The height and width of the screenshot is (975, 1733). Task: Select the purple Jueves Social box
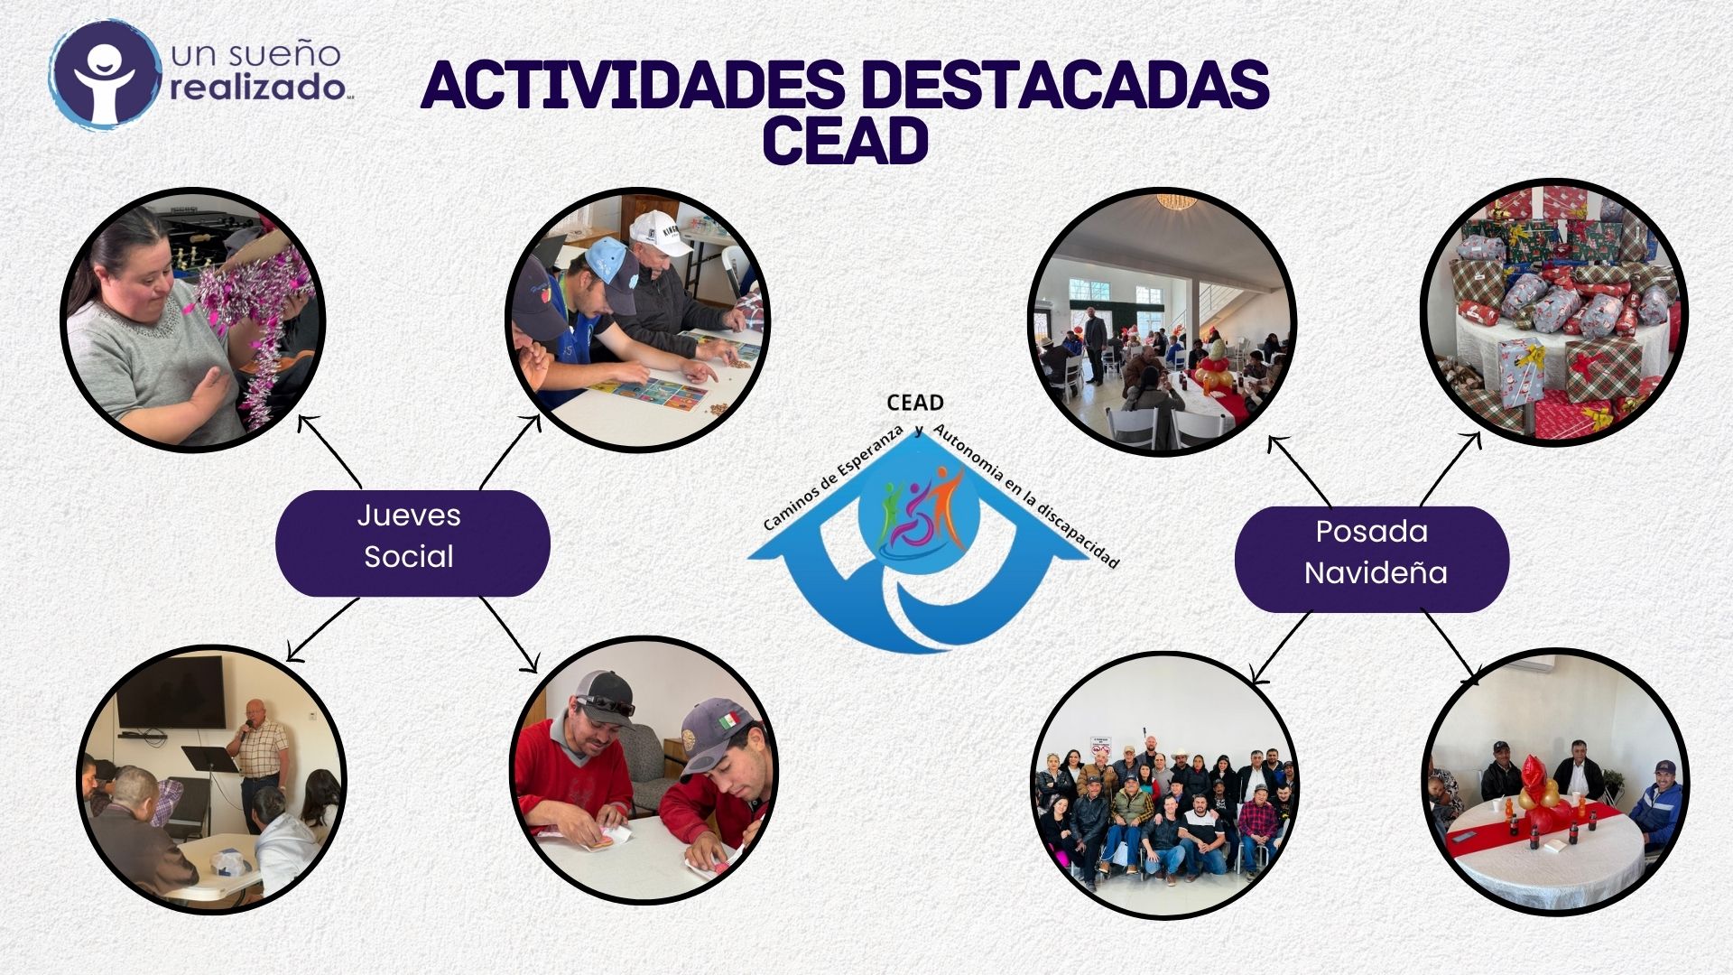click(412, 543)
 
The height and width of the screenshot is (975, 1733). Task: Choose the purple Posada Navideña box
click(1372, 559)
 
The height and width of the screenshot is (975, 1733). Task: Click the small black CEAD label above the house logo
click(915, 403)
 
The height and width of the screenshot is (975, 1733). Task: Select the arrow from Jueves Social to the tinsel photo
click(329, 450)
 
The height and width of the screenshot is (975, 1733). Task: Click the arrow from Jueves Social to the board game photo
click(511, 451)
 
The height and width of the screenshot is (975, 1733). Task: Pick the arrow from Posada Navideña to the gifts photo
click(1451, 469)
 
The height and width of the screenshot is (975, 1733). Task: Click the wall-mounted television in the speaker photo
click(171, 692)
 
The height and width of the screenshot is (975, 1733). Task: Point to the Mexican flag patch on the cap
click(727, 720)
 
